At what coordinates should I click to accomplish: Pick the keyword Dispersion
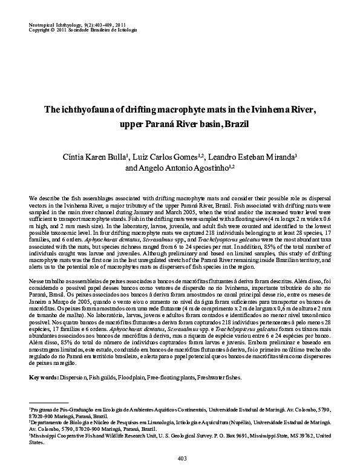73,378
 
